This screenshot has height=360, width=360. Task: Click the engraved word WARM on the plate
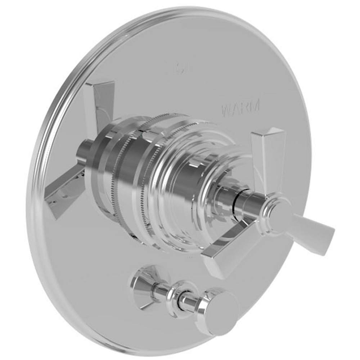click(240, 109)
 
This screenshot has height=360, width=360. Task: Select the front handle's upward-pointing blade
click(268, 155)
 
